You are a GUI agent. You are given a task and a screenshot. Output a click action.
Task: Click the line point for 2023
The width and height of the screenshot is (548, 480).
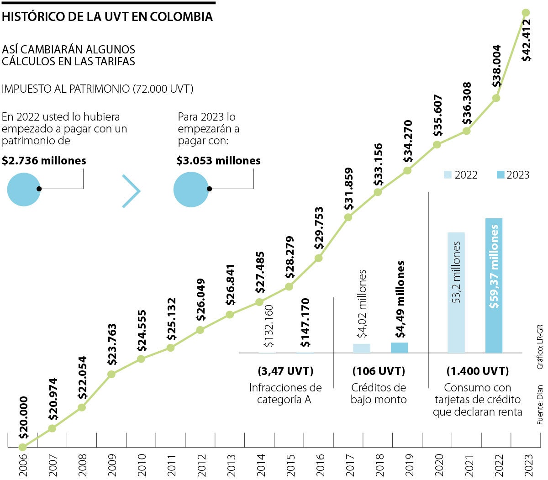click(526, 13)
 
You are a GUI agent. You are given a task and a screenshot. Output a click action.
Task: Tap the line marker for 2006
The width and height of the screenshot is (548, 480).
click(23, 447)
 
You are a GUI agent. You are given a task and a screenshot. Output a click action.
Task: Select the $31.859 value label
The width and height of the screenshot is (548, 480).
click(349, 189)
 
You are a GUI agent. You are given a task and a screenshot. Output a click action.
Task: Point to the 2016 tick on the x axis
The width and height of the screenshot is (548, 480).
click(320, 463)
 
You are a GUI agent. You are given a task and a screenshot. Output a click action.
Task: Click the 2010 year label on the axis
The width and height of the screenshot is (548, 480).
click(142, 463)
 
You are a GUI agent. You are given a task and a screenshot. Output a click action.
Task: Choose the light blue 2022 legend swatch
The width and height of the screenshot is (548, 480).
click(448, 175)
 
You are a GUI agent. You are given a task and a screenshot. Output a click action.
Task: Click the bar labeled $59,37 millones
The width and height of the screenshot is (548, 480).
click(494, 285)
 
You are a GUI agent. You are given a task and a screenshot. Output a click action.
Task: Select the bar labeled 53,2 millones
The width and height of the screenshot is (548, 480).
click(456, 292)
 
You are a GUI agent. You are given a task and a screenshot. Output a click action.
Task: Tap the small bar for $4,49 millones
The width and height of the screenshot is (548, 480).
click(399, 348)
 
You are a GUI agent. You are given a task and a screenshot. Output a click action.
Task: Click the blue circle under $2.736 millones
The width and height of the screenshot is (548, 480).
click(24, 189)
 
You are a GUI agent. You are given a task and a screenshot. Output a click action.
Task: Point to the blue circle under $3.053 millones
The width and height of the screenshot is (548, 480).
click(190, 189)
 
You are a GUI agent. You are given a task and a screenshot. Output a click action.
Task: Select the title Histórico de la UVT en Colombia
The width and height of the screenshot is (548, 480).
click(107, 17)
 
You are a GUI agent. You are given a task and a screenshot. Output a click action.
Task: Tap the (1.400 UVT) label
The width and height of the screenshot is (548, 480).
click(477, 371)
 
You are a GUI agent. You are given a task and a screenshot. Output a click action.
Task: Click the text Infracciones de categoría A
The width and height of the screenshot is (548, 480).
click(285, 393)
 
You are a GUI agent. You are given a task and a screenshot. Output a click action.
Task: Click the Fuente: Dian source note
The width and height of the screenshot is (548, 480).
click(540, 405)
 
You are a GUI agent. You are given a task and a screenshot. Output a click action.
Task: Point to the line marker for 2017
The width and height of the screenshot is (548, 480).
click(348, 217)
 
